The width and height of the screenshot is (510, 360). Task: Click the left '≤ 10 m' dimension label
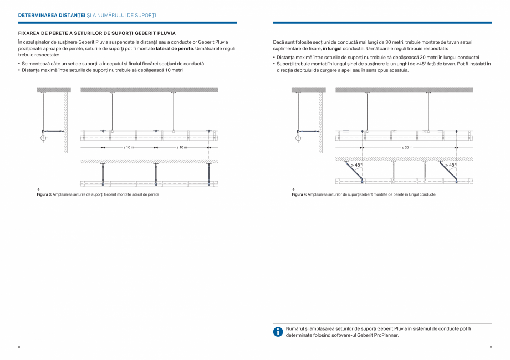(129, 148)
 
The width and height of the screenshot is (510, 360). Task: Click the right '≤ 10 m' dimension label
(182, 148)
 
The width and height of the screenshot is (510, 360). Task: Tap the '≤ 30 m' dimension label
(407, 148)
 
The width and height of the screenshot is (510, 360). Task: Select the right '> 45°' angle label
(451, 165)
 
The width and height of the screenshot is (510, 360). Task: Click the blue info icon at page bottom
(278, 332)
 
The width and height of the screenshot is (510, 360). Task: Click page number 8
(19, 347)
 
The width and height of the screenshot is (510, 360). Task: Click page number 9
(491, 347)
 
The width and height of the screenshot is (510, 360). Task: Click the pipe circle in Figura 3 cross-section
(44, 136)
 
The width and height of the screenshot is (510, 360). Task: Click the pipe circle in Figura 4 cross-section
(298, 136)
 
